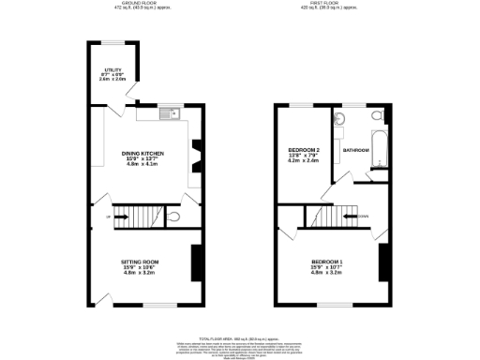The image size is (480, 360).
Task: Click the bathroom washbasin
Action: click(x=339, y=120)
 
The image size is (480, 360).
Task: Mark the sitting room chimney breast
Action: click(x=195, y=262)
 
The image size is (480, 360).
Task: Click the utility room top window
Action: click(x=112, y=41)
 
